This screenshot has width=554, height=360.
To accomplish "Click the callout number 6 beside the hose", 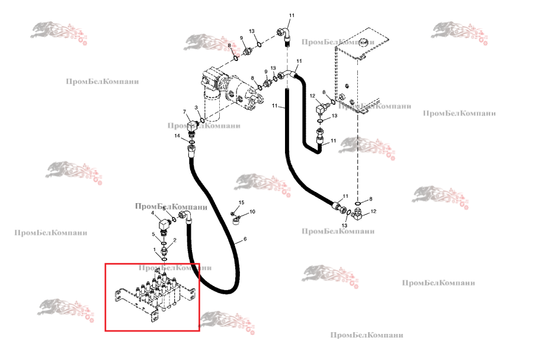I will point(244,241).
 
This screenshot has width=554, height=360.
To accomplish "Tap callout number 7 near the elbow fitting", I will point(184,112).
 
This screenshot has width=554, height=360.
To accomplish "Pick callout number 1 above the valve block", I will point(156,250).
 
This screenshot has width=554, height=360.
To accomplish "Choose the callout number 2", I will point(174,240).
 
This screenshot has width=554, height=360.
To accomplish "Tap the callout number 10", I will point(252,211).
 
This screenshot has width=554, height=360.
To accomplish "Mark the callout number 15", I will point(241,203).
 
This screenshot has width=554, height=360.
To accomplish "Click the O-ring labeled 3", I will point(204,121).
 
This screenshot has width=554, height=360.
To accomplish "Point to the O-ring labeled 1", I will point(164,258).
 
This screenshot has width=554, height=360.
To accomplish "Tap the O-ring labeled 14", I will point(192,140).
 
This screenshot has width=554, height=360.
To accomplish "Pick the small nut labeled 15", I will point(233,213).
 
